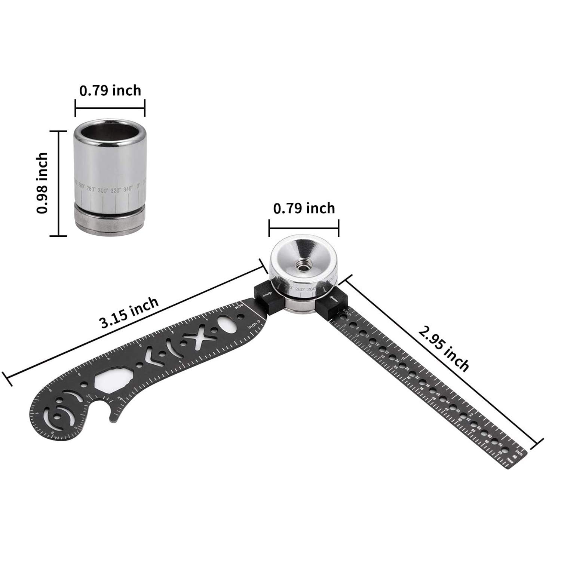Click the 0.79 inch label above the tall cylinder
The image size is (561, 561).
click(x=110, y=91)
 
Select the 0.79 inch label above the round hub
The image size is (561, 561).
click(x=304, y=208)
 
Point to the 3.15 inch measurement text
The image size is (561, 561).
click(x=128, y=312)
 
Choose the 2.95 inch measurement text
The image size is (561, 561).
click(x=443, y=348)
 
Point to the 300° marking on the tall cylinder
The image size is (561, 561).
click(x=103, y=190)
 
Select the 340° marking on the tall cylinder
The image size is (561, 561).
click(x=128, y=189)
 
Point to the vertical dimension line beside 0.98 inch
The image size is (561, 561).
click(x=59, y=183)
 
